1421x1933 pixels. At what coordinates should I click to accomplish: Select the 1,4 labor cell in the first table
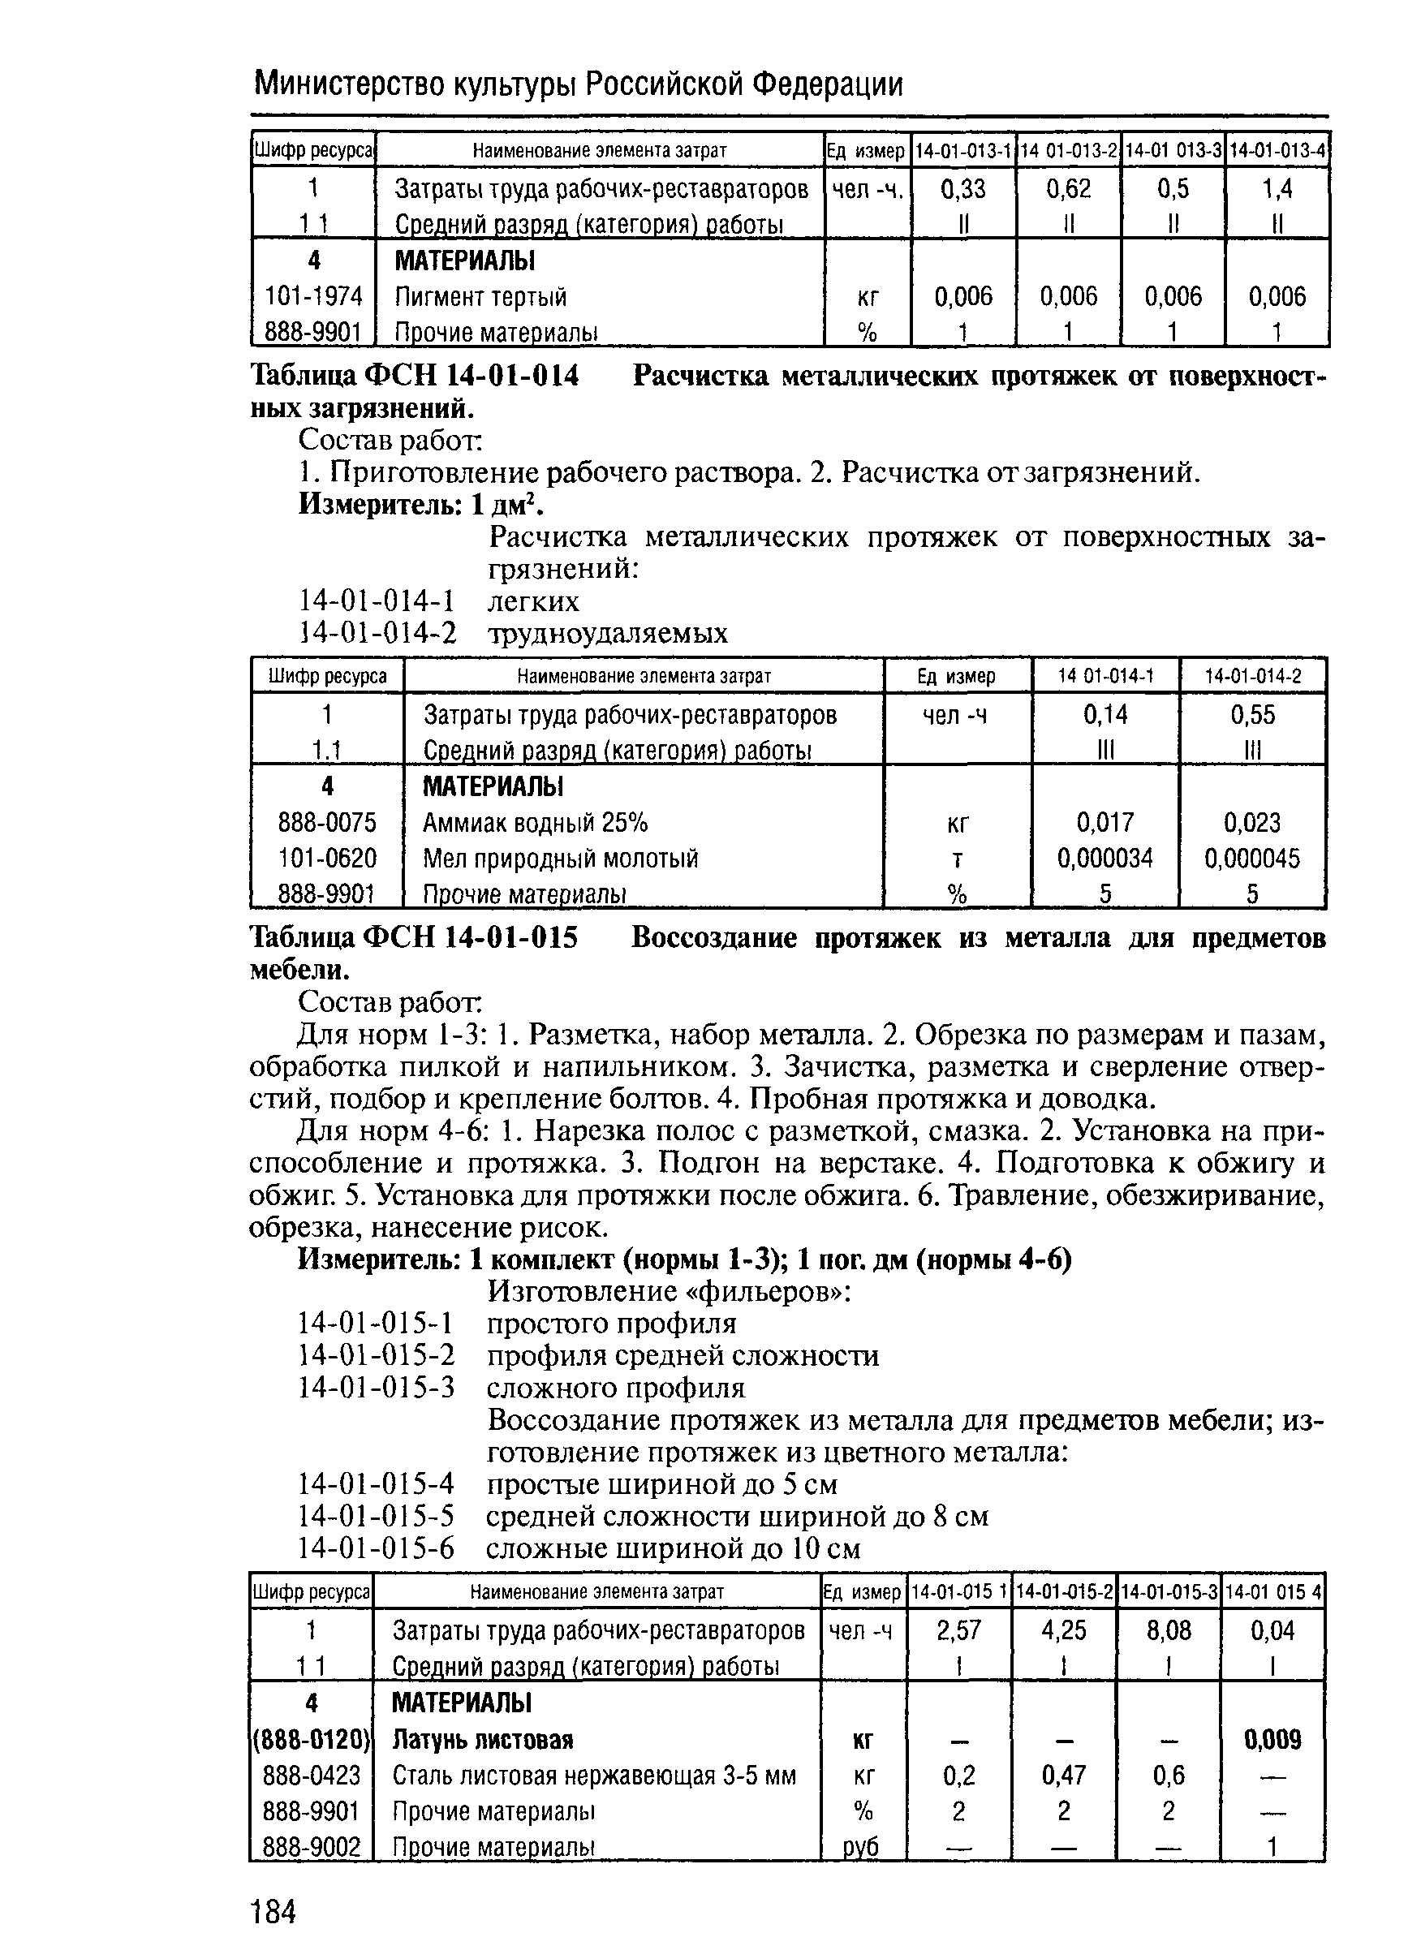[x=1277, y=188]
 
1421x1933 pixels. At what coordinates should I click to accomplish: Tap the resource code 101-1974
[x=313, y=297]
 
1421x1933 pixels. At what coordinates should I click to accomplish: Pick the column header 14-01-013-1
[x=963, y=150]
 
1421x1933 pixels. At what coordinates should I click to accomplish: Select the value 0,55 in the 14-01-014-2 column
[x=1252, y=715]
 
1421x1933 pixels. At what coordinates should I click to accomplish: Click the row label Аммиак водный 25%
[x=535, y=823]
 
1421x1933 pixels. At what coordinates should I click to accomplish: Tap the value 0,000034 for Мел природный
[x=1105, y=858]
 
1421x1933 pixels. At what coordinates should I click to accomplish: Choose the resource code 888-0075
[x=327, y=823]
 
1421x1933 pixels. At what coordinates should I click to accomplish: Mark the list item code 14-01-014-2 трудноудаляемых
[x=377, y=634]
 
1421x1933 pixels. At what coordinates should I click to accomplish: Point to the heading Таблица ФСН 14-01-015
[x=414, y=938]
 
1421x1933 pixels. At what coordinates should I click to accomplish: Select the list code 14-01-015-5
[x=376, y=1516]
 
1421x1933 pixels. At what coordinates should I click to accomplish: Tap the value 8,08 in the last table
[x=1168, y=1630]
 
